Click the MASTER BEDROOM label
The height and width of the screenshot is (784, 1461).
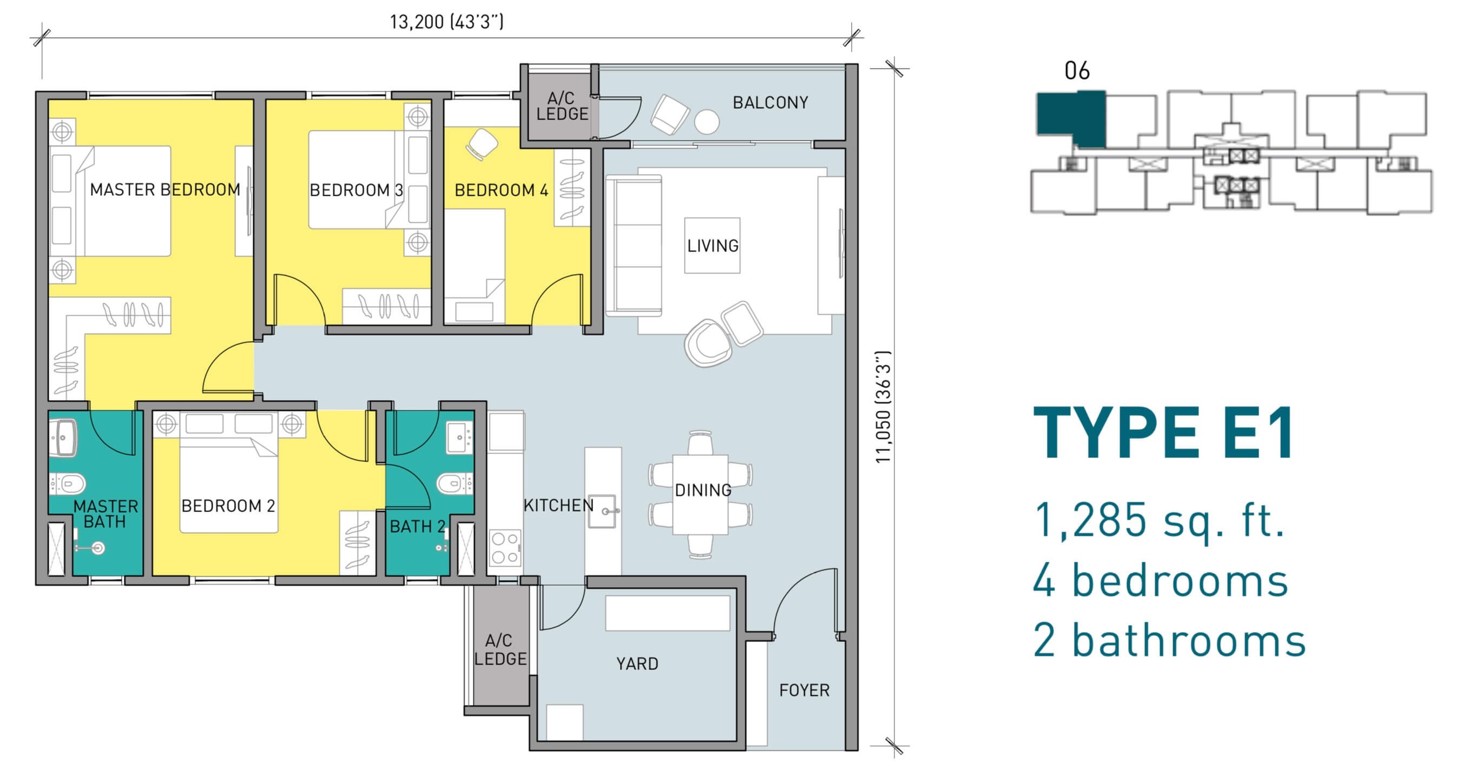165,189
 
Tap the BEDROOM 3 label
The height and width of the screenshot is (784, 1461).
356,190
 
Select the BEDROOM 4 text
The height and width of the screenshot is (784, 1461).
502,190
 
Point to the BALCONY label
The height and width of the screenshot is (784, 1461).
770,103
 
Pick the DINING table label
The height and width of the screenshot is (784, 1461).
703,490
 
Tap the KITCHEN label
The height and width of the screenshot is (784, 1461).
558,505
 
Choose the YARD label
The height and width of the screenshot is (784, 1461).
637,663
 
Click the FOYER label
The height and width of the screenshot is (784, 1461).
804,690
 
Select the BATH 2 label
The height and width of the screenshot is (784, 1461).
417,526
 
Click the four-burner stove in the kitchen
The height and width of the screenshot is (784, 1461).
505,548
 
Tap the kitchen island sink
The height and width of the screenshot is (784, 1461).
603,511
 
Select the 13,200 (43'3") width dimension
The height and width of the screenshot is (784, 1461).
446,22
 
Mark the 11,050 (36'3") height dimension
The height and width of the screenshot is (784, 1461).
884,407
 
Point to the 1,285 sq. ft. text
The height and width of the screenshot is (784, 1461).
1159,520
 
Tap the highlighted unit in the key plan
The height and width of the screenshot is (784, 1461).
1071,118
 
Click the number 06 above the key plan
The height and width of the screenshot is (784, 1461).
1077,71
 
